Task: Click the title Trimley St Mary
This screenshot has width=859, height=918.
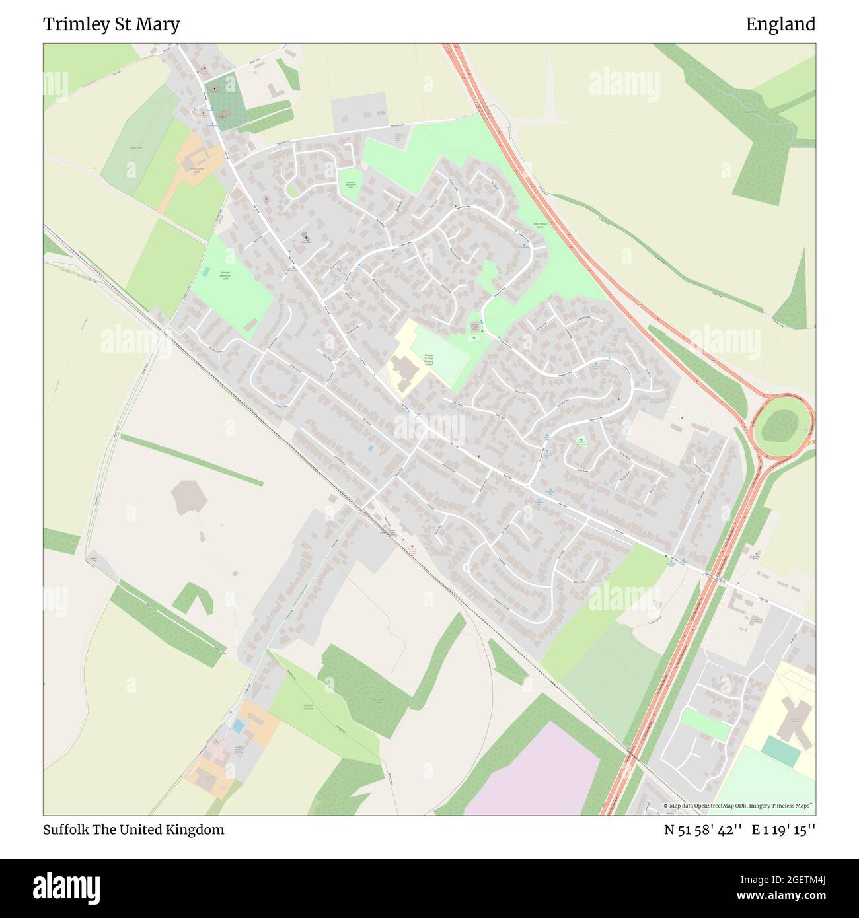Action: pos(111,24)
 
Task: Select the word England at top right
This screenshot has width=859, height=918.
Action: pos(780,24)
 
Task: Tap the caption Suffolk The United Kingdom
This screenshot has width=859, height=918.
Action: pos(133,830)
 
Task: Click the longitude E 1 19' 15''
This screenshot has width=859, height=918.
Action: pos(784,830)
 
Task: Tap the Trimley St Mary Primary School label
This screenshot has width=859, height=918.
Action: pos(428,359)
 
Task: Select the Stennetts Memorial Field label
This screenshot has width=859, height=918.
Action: pos(225,275)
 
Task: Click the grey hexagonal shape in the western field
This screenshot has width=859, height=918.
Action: pos(188,497)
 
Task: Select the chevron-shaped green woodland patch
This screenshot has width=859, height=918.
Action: pos(193,597)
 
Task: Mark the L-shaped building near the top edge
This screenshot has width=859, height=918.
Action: pos(275,87)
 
